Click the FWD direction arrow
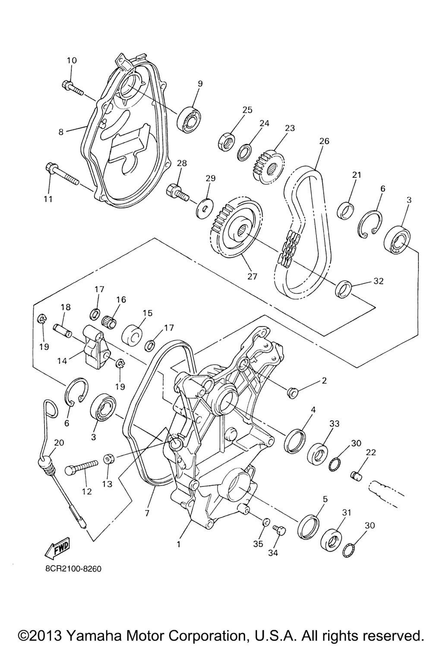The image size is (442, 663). tap(57, 547)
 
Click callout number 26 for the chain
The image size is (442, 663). tap(324, 141)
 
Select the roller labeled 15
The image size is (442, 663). tap(133, 336)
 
